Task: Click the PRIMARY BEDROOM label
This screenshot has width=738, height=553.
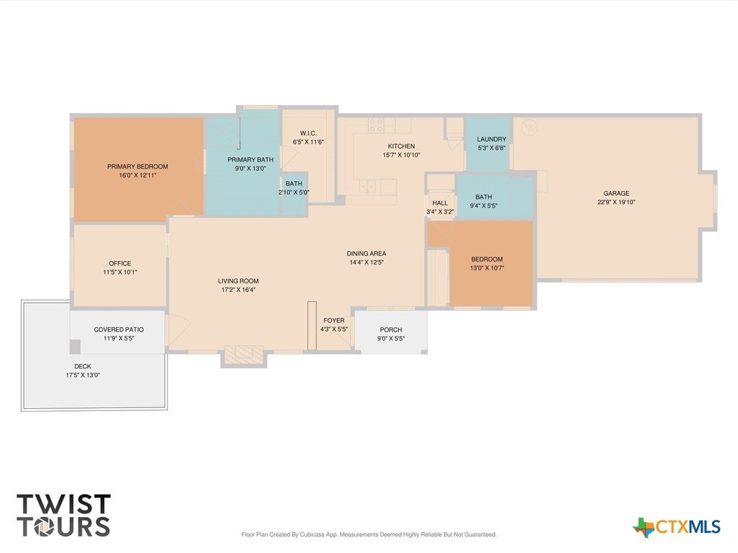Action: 138,167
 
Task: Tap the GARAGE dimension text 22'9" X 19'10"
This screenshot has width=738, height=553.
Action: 616,202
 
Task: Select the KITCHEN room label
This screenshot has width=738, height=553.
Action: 401,146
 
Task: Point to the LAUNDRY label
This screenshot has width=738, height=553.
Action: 491,139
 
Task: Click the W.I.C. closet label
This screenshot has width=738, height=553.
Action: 308,133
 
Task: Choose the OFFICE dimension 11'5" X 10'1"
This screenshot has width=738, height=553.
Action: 120,273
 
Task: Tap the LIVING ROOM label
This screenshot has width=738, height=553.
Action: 238,280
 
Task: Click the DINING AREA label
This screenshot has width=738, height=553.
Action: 366,254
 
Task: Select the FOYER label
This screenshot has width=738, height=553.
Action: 334,321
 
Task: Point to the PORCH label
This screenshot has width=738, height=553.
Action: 391,329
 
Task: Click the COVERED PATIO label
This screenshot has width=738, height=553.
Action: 118,329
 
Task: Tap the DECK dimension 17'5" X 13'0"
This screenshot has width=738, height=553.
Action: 83,375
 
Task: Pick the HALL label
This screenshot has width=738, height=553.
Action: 440,203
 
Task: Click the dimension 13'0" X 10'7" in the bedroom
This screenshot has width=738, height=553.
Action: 487,268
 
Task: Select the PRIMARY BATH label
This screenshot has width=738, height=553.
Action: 250,160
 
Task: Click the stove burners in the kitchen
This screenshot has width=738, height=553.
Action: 376,125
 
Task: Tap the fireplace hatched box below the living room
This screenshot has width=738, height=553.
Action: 243,355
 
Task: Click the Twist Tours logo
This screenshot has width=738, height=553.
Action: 63,516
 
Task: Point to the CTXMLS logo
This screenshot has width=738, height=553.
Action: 677,526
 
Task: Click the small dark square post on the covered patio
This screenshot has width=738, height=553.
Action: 75,347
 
